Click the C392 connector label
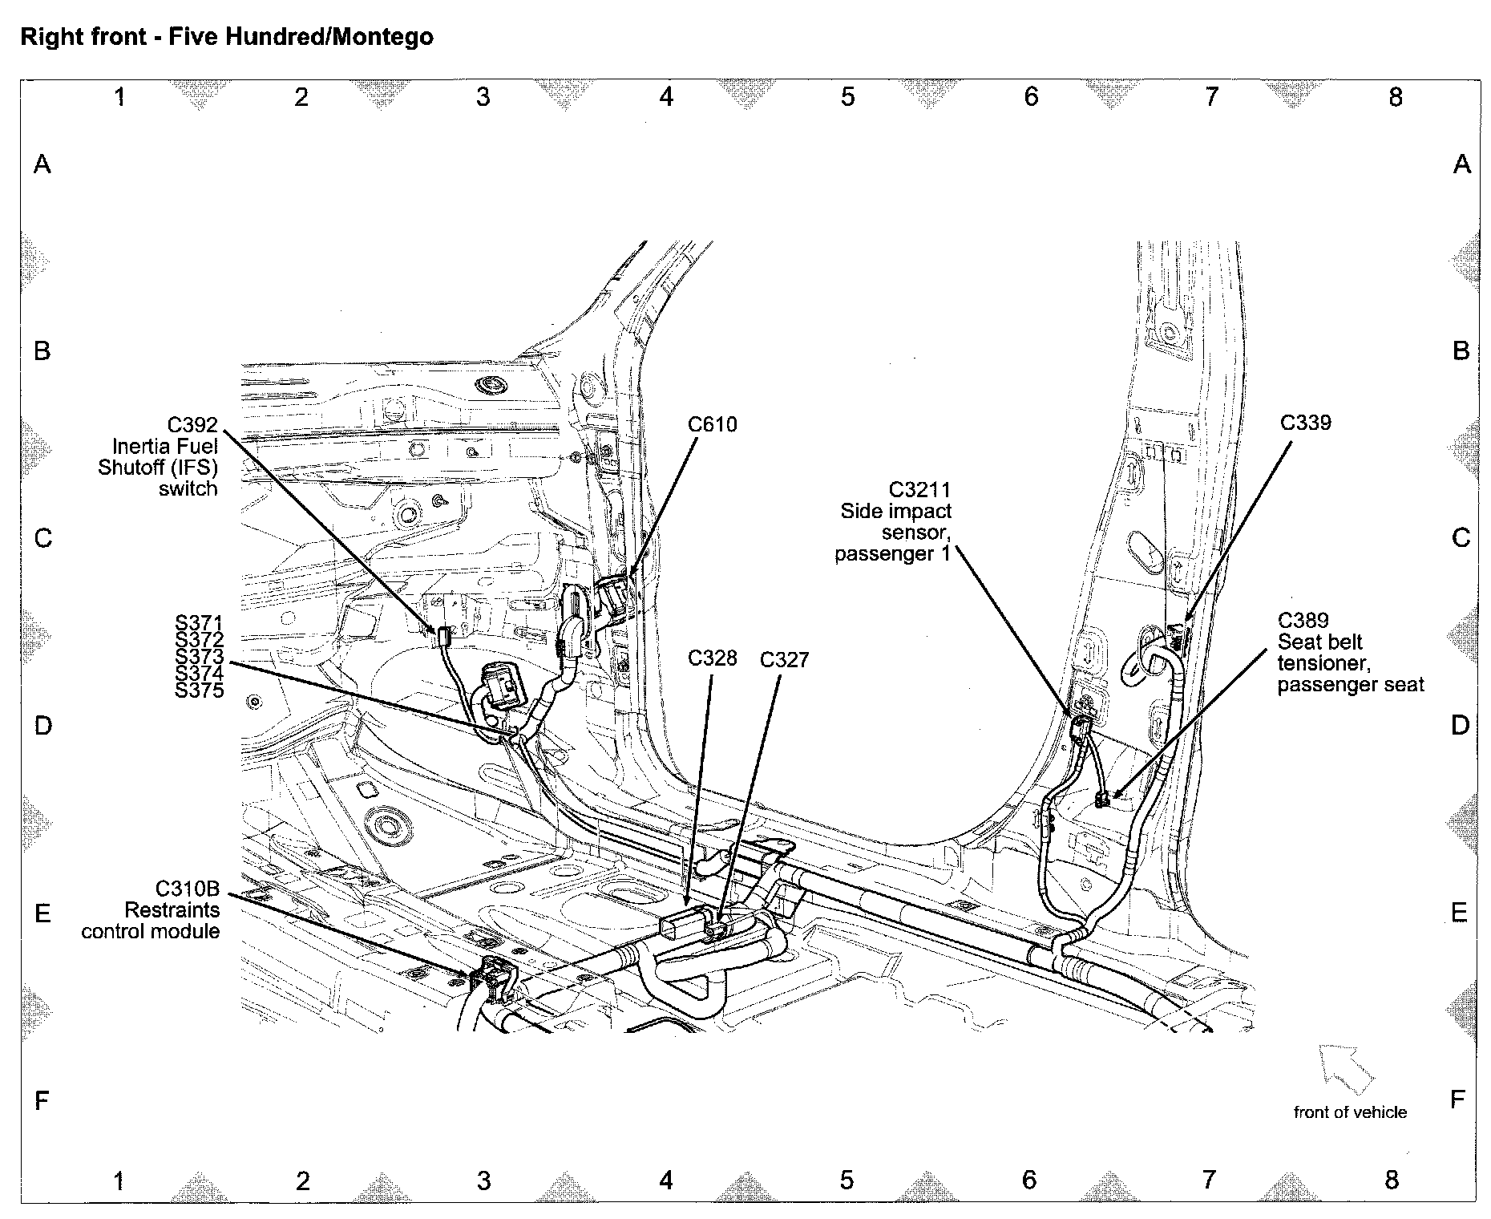192,425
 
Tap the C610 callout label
712,424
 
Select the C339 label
1305,423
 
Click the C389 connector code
1303,620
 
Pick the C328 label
712,658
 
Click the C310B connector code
188,889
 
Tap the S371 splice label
199,623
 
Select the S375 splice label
199,690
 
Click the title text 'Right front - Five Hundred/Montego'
227,37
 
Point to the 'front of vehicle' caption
1350,1112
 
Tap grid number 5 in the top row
848,97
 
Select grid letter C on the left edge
42,537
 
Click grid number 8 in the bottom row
1392,1180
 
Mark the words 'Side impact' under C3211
895,511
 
